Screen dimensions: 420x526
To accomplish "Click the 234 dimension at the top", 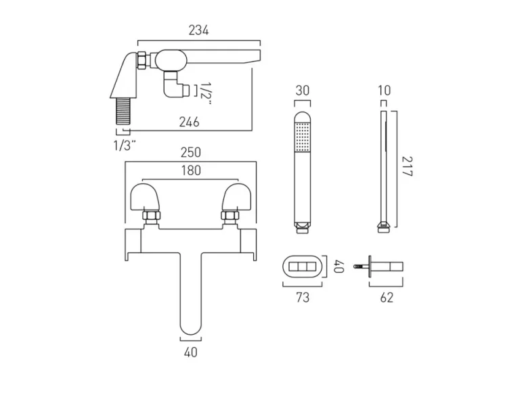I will point(198,30).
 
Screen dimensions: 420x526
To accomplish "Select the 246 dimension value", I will point(189,122).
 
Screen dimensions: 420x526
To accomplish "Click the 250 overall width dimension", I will point(190,154).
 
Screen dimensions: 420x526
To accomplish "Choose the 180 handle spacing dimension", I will point(190,171).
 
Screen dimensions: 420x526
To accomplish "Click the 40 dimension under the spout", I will point(190,352).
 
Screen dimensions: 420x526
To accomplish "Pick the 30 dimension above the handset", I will point(302,91).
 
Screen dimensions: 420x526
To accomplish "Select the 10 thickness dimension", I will point(385,91).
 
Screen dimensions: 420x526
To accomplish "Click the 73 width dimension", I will point(302,298).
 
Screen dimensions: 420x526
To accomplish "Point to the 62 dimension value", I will point(386,298).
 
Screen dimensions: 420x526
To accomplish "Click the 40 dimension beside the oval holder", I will point(339,267).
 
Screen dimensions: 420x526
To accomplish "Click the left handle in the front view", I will point(146,199).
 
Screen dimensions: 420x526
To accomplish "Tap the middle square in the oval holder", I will point(302,267).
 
